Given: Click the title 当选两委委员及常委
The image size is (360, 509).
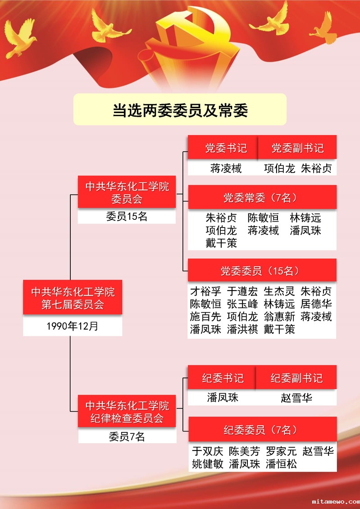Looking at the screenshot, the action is [180, 110].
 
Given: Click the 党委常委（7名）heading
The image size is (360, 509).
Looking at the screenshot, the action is [262, 197].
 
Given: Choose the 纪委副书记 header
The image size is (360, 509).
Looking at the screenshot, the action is [296, 377].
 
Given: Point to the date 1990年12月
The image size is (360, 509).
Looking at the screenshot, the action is [73, 326].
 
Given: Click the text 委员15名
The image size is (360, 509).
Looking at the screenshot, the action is [127, 217].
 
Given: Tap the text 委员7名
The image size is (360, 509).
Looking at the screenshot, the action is [127, 437].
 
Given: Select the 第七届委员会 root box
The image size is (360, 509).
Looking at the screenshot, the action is [73, 297].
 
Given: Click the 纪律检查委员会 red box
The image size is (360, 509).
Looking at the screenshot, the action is [127, 411].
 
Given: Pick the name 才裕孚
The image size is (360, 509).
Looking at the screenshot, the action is [205, 291].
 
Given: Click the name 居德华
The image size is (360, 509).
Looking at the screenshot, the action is [316, 304].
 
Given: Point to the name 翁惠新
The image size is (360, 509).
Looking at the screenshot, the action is [279, 317].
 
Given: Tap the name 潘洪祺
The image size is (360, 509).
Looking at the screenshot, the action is [242, 329].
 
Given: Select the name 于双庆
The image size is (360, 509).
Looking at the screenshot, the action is [207, 451].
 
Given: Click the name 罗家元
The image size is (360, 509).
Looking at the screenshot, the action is [281, 451].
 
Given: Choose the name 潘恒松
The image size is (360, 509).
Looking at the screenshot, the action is [281, 464].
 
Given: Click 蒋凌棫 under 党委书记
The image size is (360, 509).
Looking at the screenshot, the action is [226, 168].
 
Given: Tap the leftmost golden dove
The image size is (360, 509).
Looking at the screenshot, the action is [20, 38].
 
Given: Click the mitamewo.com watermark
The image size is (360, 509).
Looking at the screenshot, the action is [336, 501].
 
